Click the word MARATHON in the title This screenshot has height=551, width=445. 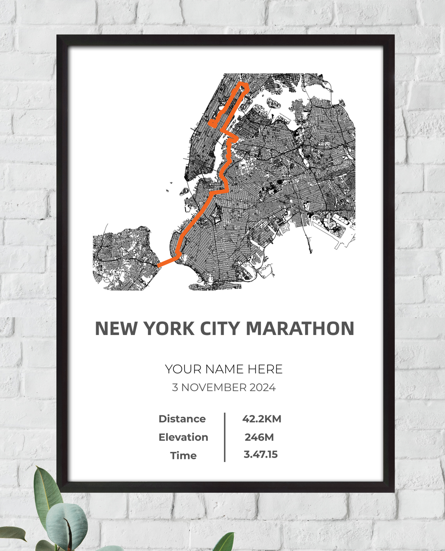[300, 329]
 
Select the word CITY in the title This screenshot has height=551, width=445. [219, 329]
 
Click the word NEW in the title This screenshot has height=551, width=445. [116, 329]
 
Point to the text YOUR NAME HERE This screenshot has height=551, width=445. [223, 369]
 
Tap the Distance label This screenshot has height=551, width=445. [182, 419]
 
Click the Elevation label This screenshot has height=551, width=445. [183, 437]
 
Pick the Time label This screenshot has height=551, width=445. [183, 455]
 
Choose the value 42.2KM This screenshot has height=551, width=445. [262, 419]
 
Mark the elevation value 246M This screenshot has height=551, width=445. [259, 437]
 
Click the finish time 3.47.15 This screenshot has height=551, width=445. [260, 455]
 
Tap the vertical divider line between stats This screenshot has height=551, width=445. [225, 437]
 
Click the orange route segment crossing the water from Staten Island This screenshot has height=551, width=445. [166, 262]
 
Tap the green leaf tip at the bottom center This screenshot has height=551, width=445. [226, 541]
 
